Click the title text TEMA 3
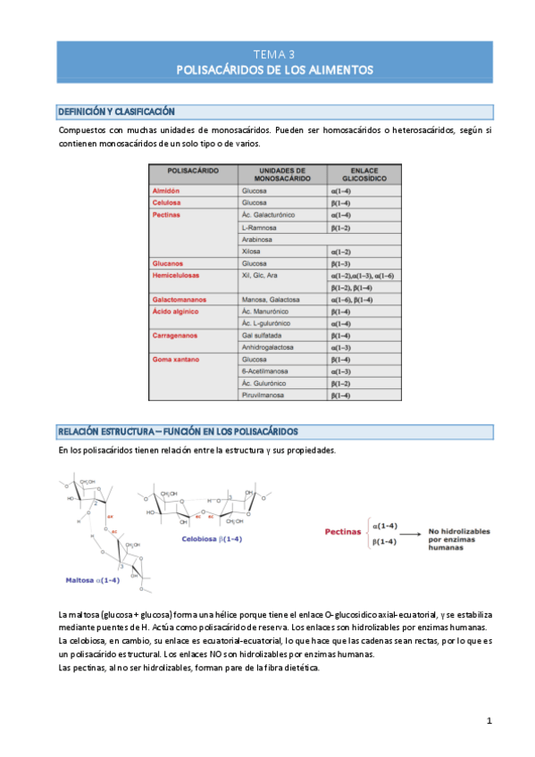274,54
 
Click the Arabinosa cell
257,239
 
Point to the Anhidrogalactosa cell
268,347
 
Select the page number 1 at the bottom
489,720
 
